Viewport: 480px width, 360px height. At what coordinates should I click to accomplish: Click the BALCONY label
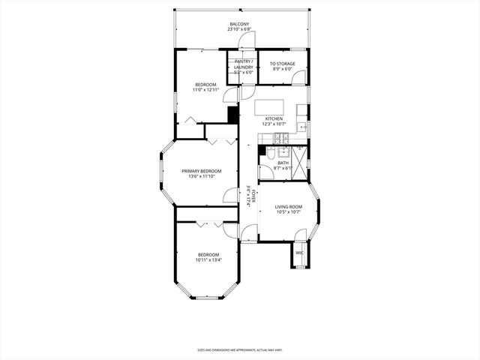tap(239, 25)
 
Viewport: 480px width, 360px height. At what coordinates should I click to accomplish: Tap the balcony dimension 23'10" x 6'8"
tap(239, 31)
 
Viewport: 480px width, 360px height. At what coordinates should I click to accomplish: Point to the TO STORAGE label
tap(282, 64)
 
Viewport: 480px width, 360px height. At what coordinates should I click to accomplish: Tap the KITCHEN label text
tap(273, 119)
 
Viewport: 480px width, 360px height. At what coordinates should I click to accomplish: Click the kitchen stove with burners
tap(281, 137)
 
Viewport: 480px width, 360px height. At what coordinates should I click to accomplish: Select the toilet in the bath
tap(271, 153)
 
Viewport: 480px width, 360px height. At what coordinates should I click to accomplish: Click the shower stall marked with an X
tap(300, 163)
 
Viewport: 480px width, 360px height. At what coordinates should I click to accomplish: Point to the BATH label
tap(283, 163)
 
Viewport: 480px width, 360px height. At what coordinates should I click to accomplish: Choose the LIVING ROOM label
tap(288, 206)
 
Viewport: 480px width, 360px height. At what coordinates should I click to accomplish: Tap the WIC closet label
tap(299, 253)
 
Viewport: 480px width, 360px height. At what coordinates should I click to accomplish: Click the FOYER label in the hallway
tap(254, 196)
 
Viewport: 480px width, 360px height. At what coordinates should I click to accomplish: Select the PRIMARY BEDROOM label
tap(201, 171)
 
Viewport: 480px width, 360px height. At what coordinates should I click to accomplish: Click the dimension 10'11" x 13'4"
tap(208, 260)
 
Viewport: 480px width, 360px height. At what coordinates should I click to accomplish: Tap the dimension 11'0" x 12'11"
tap(206, 90)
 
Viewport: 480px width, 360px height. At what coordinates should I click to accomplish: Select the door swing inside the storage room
tap(298, 76)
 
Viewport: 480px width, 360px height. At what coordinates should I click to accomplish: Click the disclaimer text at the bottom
tap(239, 349)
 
